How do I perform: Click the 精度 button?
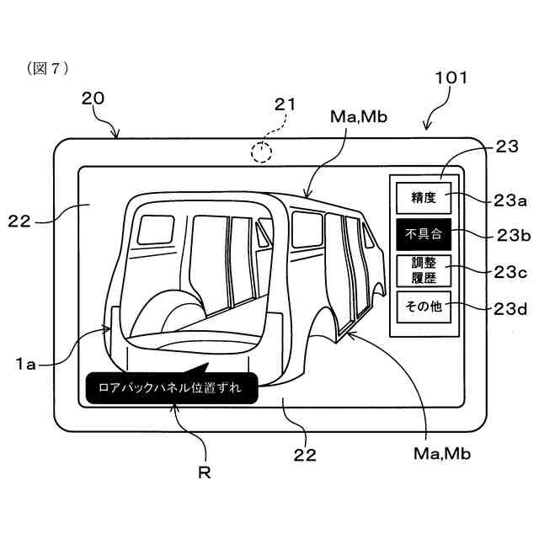[x=424, y=198]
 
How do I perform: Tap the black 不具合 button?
[x=424, y=233]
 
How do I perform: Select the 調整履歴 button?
[x=424, y=269]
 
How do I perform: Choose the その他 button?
[x=424, y=307]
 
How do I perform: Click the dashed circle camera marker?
[x=263, y=152]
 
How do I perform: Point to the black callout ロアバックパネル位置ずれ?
[x=170, y=388]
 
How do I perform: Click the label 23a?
[x=510, y=200]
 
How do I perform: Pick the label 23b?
[x=510, y=235]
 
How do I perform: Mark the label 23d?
[x=510, y=309]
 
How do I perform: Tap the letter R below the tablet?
[x=203, y=472]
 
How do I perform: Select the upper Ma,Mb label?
[x=360, y=118]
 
